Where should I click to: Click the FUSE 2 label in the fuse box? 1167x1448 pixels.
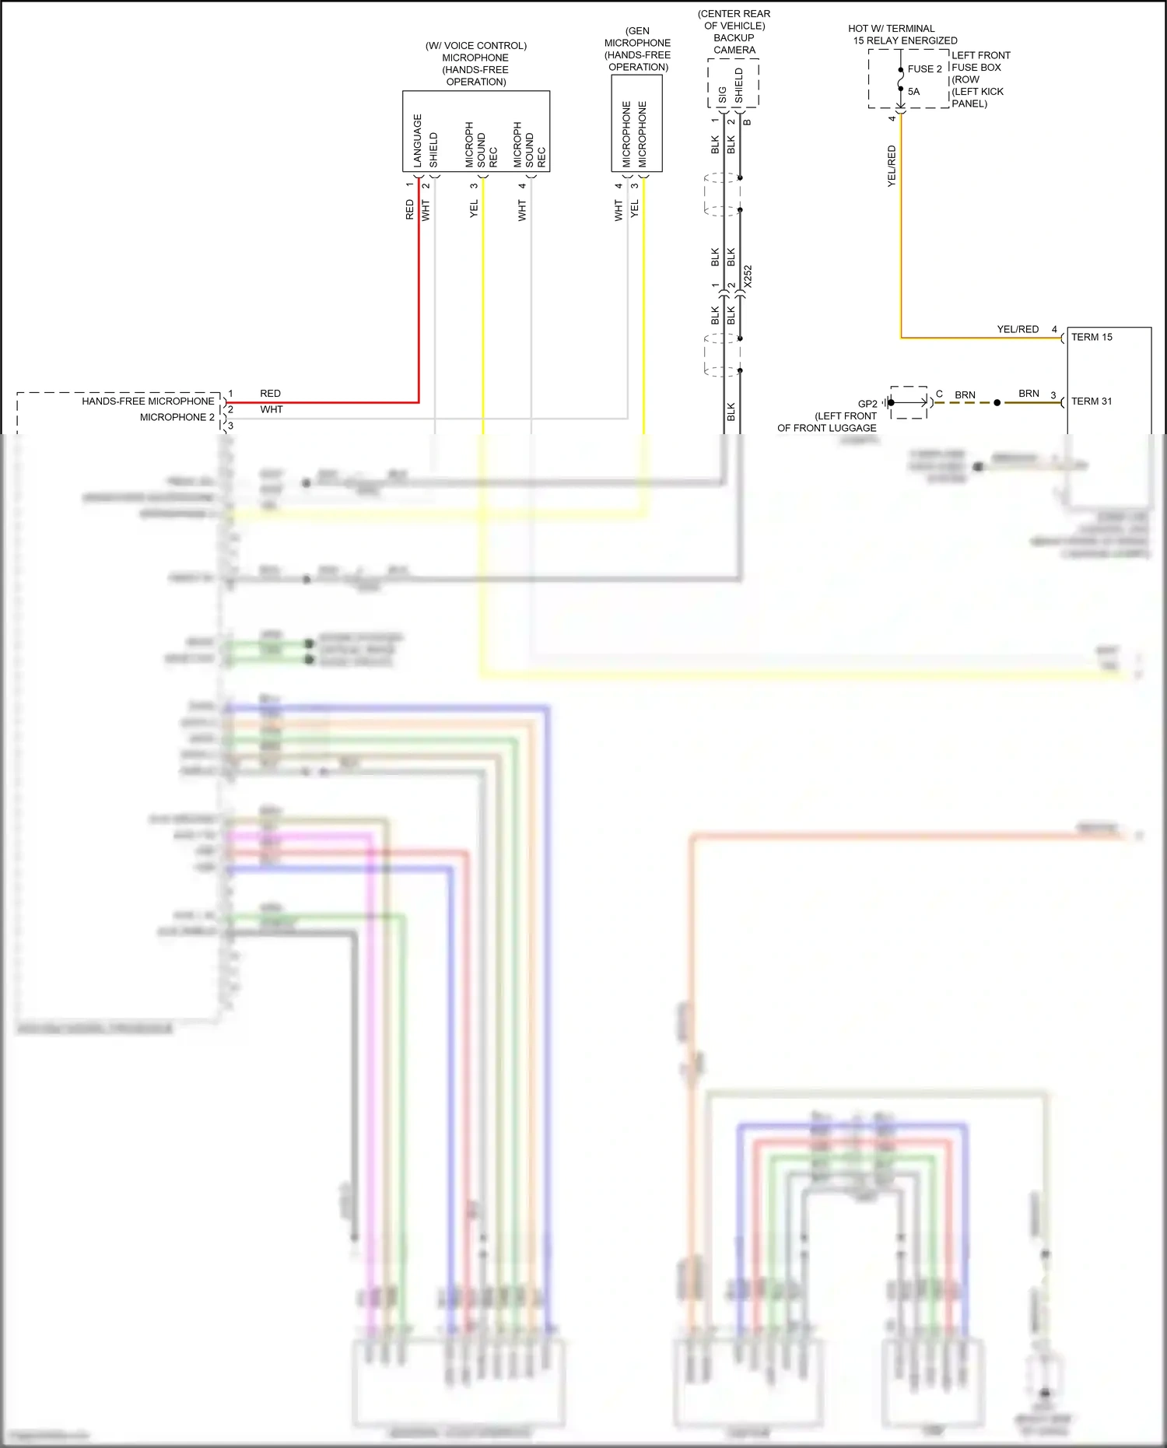[924, 68]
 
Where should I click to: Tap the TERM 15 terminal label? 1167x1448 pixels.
[1092, 337]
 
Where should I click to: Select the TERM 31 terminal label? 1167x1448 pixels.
[1092, 401]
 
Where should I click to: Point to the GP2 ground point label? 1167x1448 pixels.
[867, 404]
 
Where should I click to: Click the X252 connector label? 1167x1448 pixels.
[748, 277]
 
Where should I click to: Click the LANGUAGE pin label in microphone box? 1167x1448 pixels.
[418, 141]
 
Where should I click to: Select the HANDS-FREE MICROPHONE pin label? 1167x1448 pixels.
[148, 401]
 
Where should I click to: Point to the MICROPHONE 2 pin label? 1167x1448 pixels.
[177, 417]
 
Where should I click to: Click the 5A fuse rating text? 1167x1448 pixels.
[913, 92]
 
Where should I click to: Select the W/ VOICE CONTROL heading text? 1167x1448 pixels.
[475, 46]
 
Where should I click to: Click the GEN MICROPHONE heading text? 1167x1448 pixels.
[637, 37]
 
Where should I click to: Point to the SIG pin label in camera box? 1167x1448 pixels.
[722, 95]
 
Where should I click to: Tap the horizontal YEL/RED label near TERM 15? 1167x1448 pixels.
[1018, 329]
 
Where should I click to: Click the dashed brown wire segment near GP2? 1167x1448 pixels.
[965, 403]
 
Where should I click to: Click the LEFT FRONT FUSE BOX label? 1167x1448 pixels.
[980, 61]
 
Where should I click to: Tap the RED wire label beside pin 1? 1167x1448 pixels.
[270, 394]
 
